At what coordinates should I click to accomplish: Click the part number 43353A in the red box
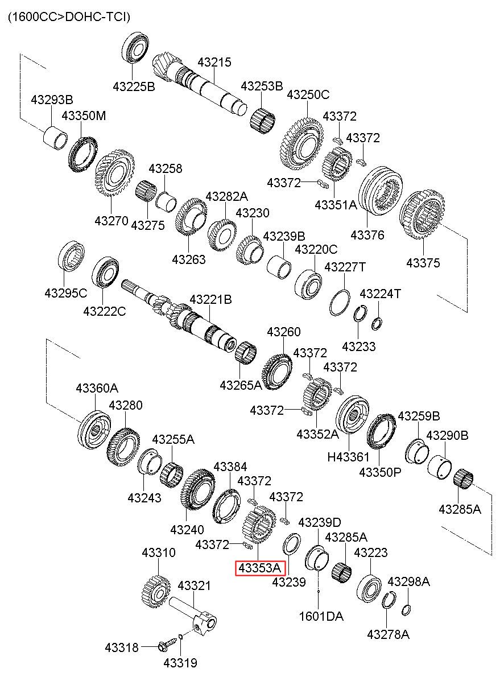coord(260,568)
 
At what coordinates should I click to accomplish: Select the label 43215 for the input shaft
coord(214,63)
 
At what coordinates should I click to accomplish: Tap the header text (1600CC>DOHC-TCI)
coord(69,16)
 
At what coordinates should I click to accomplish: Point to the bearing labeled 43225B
coord(135,47)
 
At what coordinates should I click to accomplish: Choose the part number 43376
coord(367,236)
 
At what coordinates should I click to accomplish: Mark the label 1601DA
coord(321,617)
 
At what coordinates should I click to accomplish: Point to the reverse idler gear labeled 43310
coord(156,592)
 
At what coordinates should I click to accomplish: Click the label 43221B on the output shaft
coord(210,300)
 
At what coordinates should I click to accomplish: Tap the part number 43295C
coord(66,293)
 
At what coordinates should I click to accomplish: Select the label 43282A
coord(226,196)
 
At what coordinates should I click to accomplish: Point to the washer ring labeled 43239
coord(291,545)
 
